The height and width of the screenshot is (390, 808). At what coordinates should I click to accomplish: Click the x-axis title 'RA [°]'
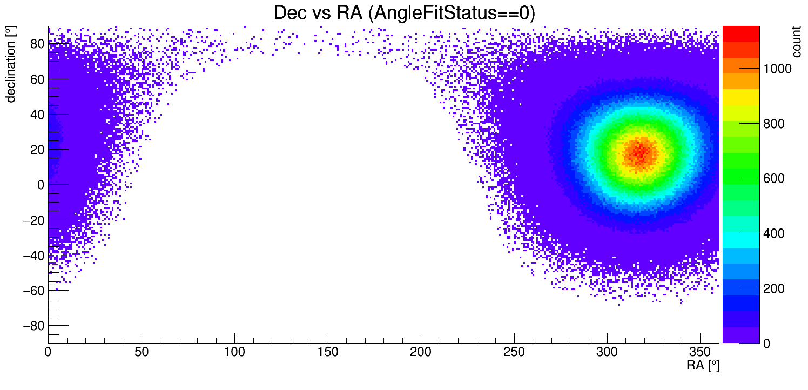(x=703, y=366)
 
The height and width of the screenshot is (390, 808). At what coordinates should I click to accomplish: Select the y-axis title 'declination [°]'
(x=10, y=65)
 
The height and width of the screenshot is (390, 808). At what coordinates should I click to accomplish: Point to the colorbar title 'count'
(x=797, y=44)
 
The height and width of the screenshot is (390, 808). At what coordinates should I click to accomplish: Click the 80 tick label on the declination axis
(x=36, y=44)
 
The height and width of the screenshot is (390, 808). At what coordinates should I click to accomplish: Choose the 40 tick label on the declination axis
(x=36, y=114)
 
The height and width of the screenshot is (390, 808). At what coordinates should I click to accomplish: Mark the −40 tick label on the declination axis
(x=33, y=255)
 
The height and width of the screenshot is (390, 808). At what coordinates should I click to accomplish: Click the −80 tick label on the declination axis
(x=33, y=326)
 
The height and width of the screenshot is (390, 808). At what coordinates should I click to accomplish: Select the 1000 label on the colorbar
(x=777, y=69)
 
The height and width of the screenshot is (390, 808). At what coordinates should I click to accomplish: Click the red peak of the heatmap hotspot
(x=641, y=153)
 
